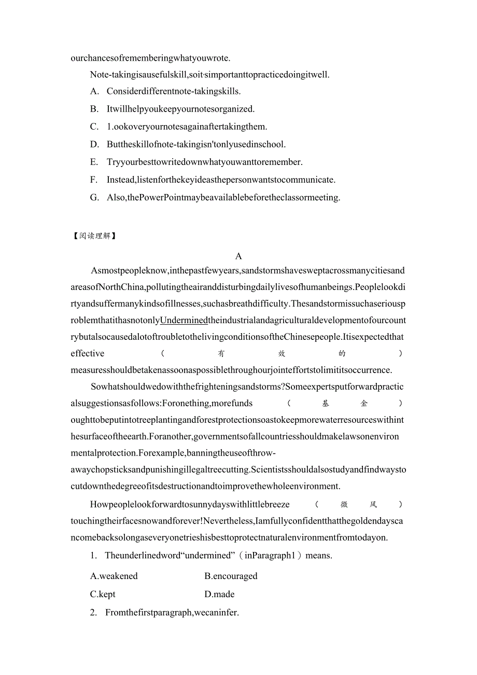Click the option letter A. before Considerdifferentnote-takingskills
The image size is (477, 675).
tap(94, 91)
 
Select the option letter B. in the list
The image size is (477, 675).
tap(94, 109)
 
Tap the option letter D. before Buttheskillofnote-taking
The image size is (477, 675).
tap(94, 144)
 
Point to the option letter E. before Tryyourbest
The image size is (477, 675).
tap(94, 162)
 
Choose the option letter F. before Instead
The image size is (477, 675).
tap(94, 180)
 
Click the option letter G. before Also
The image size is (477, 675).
tap(94, 197)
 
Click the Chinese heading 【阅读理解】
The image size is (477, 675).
tap(94, 236)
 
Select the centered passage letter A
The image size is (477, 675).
tap(238, 256)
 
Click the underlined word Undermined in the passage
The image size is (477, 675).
tap(184, 320)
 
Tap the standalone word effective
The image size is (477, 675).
tap(88, 353)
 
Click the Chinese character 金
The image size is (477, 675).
tap(364, 403)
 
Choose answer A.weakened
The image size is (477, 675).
tap(114, 576)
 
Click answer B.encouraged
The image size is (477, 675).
tap(231, 576)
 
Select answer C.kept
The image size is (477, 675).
tap(103, 594)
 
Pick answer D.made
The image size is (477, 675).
tap(219, 594)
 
